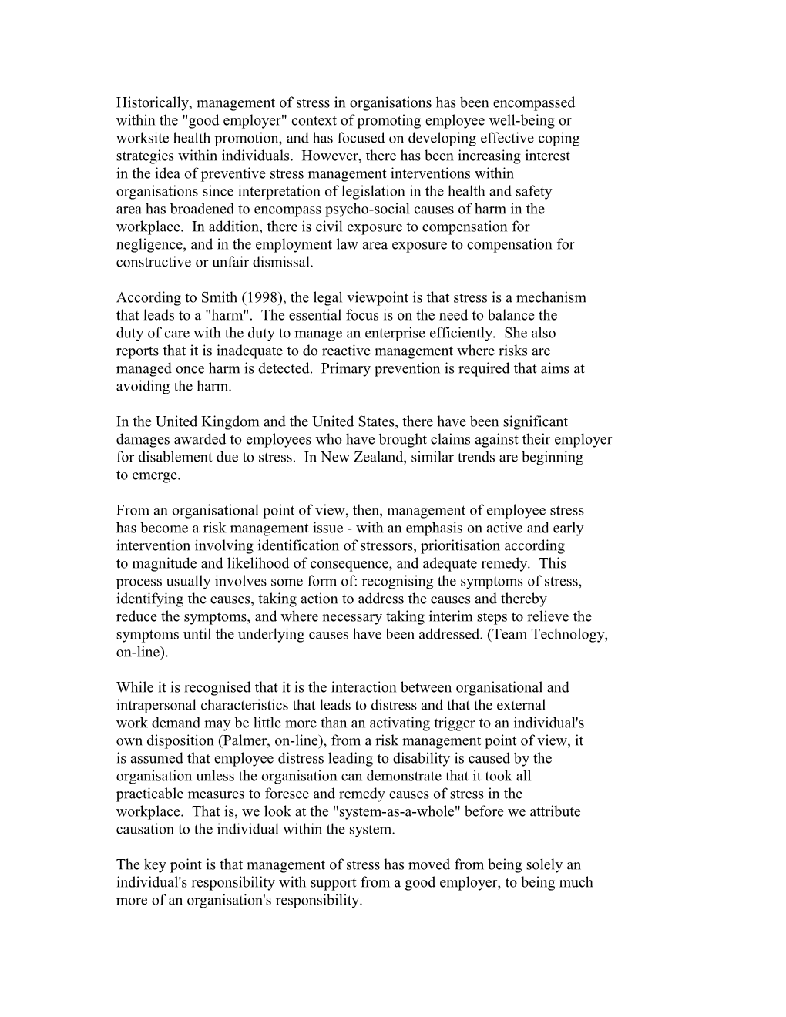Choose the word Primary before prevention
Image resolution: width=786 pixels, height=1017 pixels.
tap(344, 368)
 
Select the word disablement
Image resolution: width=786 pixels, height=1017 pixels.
tap(174, 457)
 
